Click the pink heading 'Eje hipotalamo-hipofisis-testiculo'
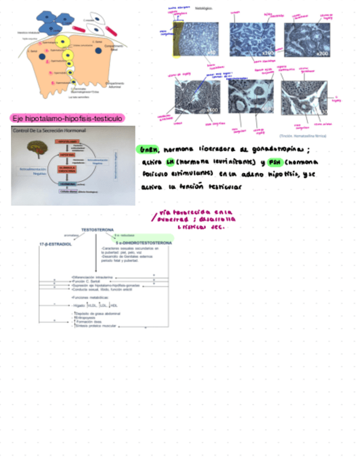coord(67,118)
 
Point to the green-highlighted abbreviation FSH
coord(274,162)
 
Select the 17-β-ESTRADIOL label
coord(55,243)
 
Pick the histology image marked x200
coord(307,40)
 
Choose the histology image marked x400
coord(198,97)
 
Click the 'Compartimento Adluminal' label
coord(114,84)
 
